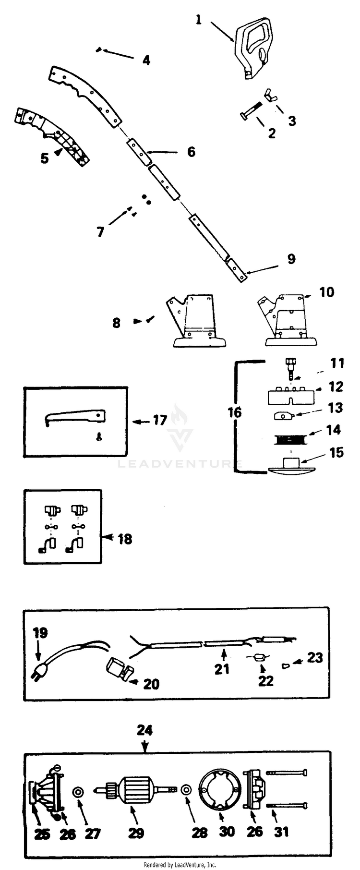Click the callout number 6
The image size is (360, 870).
click(x=191, y=152)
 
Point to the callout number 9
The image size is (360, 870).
click(x=291, y=259)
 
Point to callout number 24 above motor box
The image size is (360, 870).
click(x=144, y=730)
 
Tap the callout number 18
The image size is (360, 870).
click(x=125, y=539)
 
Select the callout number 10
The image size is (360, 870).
click(x=326, y=292)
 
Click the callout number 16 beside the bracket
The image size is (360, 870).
click(x=234, y=412)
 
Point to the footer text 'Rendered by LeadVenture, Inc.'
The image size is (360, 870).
click(x=180, y=864)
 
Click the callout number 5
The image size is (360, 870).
click(x=45, y=158)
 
